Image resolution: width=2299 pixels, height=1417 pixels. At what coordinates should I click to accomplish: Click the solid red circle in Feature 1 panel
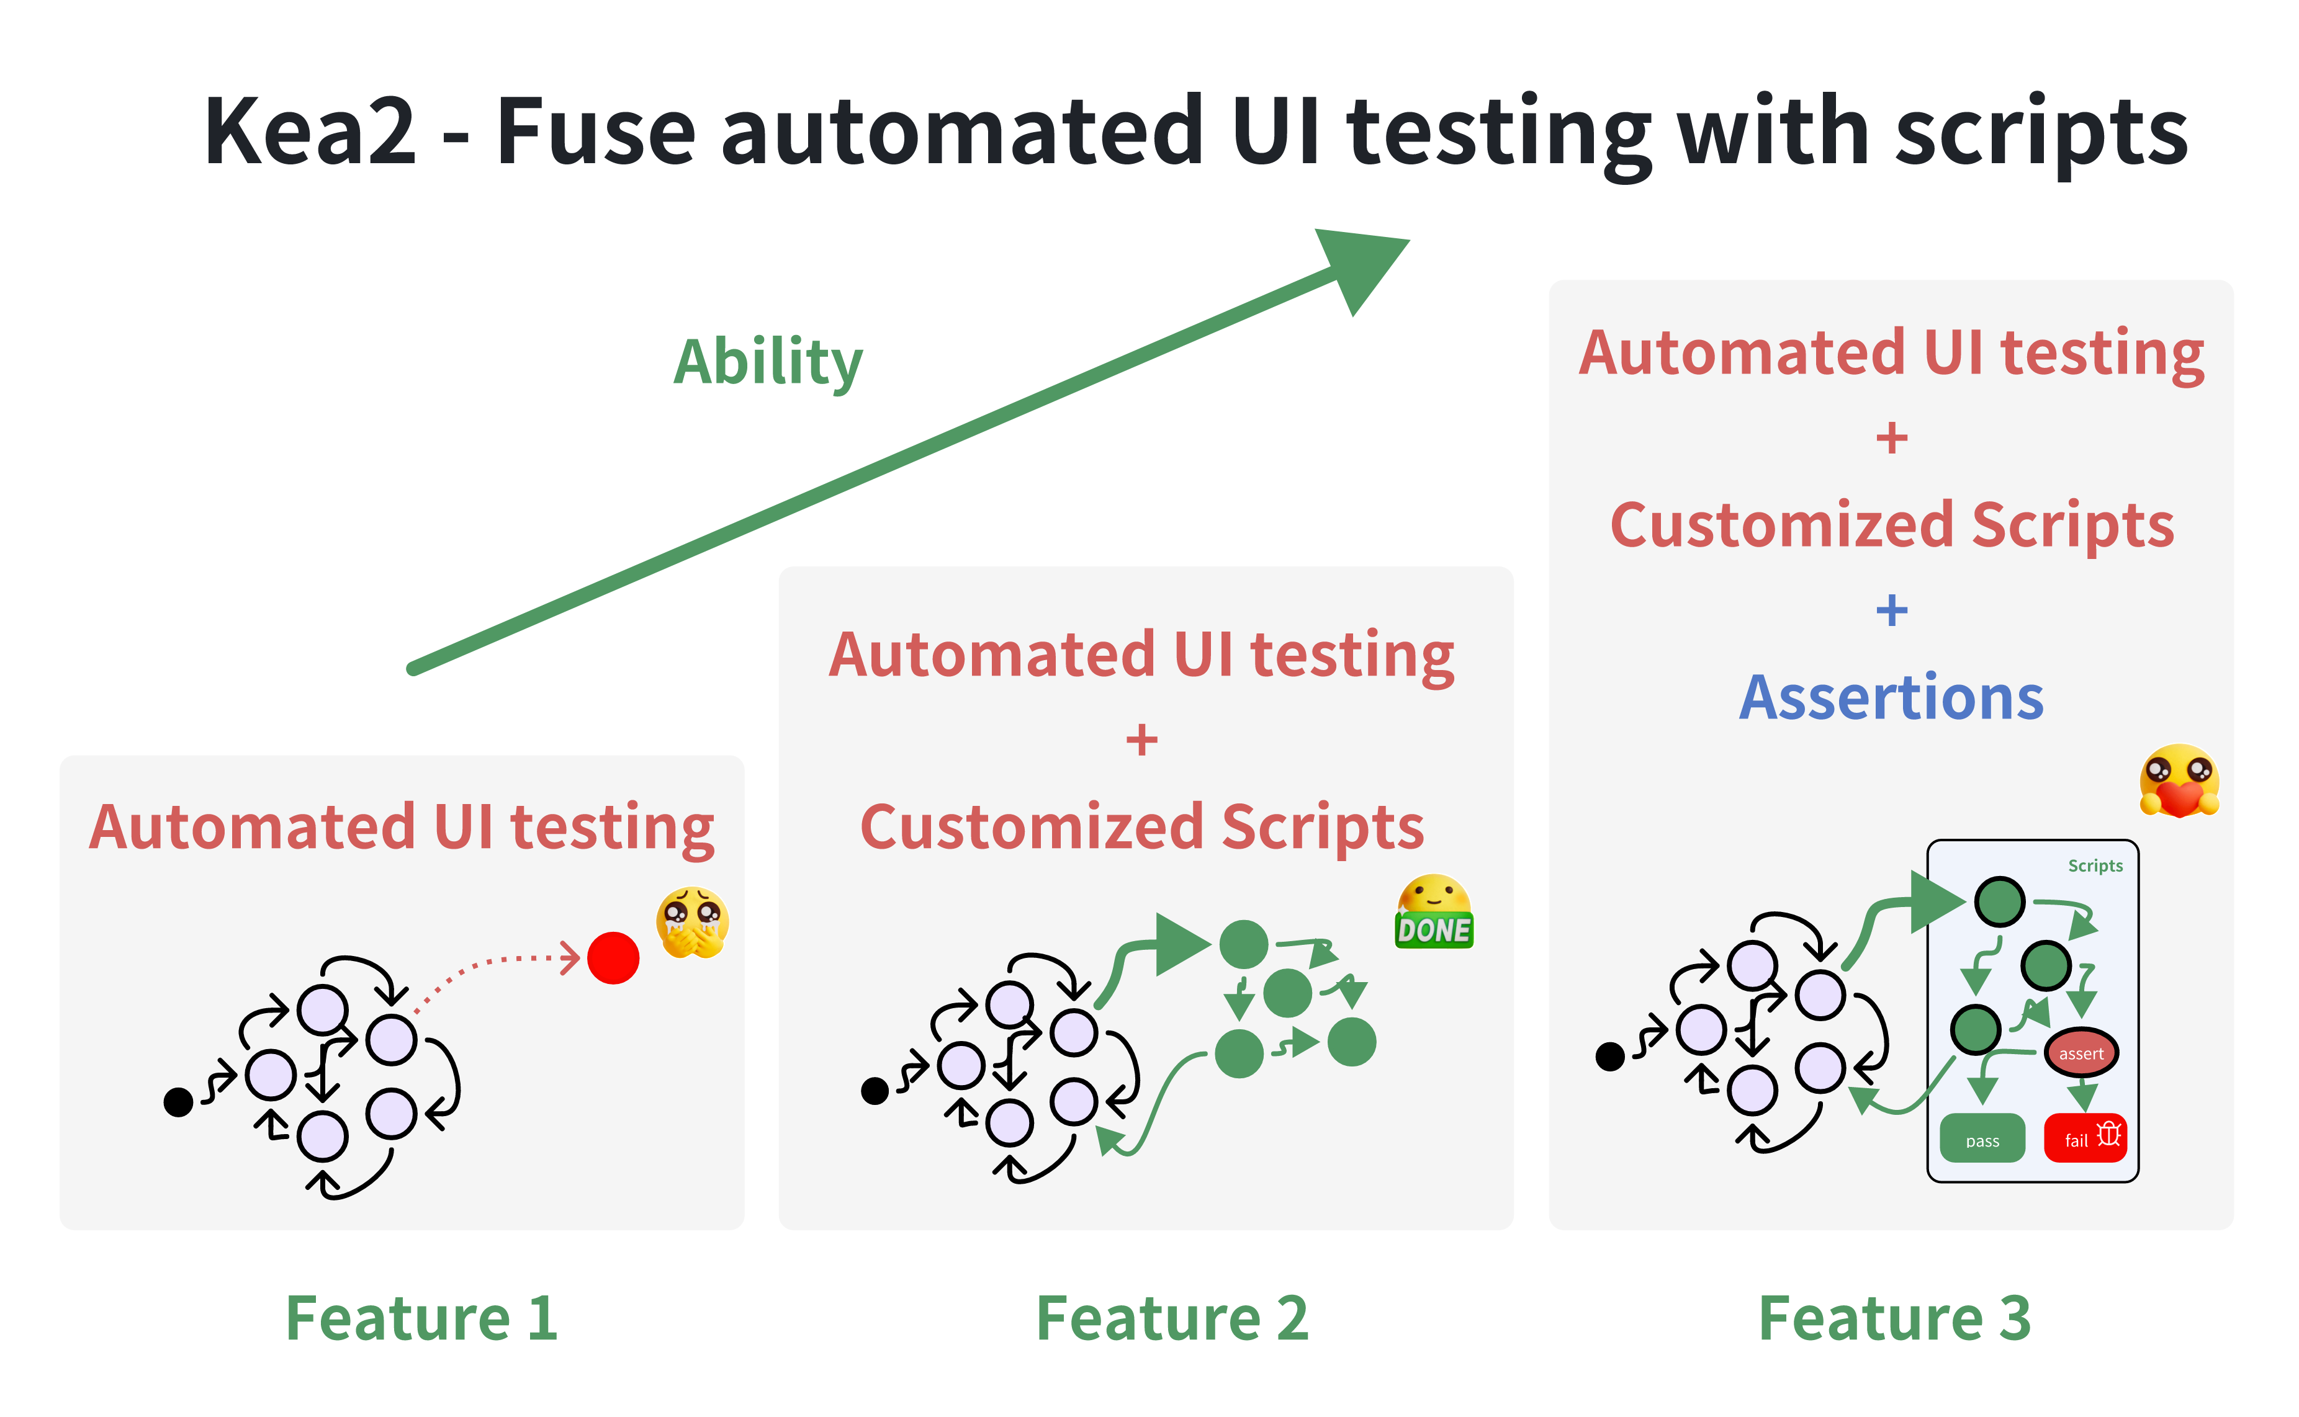[x=613, y=958]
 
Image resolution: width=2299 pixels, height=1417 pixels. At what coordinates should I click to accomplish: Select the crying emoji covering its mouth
[x=693, y=922]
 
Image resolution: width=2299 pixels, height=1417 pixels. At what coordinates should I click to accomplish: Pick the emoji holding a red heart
[x=2179, y=780]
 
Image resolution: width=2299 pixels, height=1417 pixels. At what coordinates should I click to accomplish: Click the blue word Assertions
[x=1891, y=697]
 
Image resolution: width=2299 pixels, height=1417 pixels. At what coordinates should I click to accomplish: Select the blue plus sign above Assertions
[x=1891, y=610]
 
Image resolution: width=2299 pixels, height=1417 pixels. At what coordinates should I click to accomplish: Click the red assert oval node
[x=2081, y=1053]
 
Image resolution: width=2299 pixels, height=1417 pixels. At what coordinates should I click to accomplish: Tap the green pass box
[x=1982, y=1138]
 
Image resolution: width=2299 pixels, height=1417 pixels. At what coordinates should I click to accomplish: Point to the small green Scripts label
[x=2095, y=866]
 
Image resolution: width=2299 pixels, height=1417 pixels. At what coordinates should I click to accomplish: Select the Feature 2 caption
[x=1171, y=1318]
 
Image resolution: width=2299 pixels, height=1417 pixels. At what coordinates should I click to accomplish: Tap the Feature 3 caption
[x=1894, y=1318]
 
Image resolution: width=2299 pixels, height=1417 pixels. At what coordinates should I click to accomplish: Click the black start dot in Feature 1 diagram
[x=178, y=1102]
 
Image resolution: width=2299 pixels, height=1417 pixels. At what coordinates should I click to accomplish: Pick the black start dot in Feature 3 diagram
[x=1610, y=1056]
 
